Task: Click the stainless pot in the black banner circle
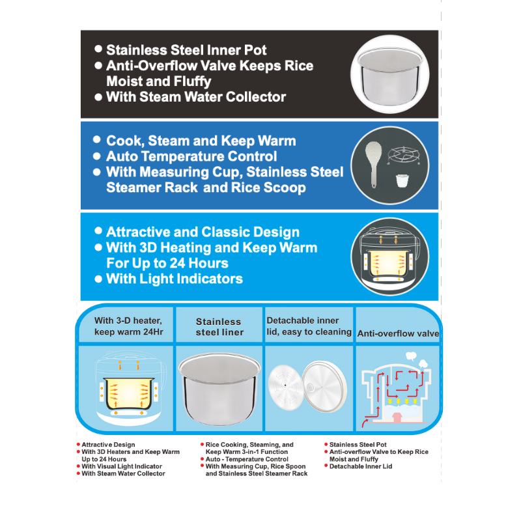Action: [390, 77]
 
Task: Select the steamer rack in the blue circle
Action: [404, 156]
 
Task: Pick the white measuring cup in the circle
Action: [402, 181]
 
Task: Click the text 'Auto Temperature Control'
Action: [191, 156]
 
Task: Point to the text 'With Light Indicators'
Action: [175, 279]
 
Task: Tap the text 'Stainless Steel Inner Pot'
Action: [186, 50]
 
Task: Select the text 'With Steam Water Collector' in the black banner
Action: [196, 96]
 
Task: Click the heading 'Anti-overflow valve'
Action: [398, 333]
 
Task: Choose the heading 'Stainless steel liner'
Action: [219, 327]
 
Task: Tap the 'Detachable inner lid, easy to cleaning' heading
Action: [309, 326]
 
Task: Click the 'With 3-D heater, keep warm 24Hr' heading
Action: [128, 326]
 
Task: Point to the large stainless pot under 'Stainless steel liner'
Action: [219, 389]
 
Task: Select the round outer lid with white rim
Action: [325, 387]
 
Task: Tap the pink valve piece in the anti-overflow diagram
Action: [397, 417]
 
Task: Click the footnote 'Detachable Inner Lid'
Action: [361, 466]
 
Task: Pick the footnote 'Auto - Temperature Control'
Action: [247, 459]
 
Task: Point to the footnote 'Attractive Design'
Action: [108, 445]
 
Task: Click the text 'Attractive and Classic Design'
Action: [203, 232]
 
